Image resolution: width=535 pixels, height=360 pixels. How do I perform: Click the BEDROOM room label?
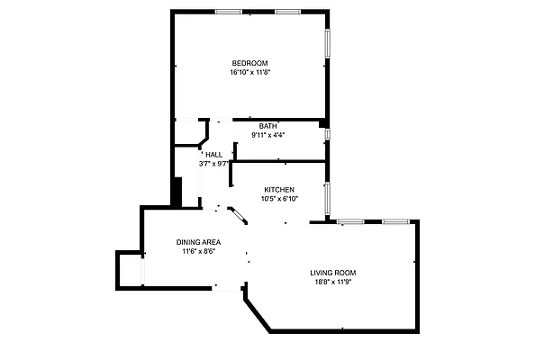(x=250, y=62)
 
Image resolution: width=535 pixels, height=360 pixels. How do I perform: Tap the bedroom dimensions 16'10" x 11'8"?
(x=250, y=72)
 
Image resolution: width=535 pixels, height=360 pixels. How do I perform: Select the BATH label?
(x=267, y=126)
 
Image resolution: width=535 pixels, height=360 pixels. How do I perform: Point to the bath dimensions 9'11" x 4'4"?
(x=267, y=135)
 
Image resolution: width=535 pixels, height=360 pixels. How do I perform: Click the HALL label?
(x=213, y=155)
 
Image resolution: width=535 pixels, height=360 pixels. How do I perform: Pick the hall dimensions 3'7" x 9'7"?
(x=213, y=164)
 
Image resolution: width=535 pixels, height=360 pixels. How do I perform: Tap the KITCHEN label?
(x=279, y=190)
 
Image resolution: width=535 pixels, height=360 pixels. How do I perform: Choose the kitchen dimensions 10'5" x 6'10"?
(x=279, y=199)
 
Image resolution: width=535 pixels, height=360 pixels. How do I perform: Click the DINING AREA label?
(x=198, y=242)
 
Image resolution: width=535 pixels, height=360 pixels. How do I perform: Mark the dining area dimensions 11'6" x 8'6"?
(x=198, y=252)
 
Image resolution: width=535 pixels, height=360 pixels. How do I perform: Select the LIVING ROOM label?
(x=334, y=273)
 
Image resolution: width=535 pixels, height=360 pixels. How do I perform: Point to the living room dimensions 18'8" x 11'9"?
(x=334, y=283)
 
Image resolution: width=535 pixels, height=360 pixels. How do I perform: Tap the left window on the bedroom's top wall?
(x=228, y=11)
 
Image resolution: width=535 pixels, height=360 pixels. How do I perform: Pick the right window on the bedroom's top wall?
(x=287, y=11)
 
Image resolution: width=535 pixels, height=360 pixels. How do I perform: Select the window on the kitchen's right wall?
(x=328, y=195)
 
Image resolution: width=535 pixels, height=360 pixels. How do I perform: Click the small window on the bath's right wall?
(x=328, y=134)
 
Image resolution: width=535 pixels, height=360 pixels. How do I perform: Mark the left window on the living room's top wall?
(x=350, y=221)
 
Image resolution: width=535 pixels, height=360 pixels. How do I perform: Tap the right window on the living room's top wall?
(x=395, y=221)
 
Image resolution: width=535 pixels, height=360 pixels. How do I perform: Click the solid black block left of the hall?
(x=177, y=192)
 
